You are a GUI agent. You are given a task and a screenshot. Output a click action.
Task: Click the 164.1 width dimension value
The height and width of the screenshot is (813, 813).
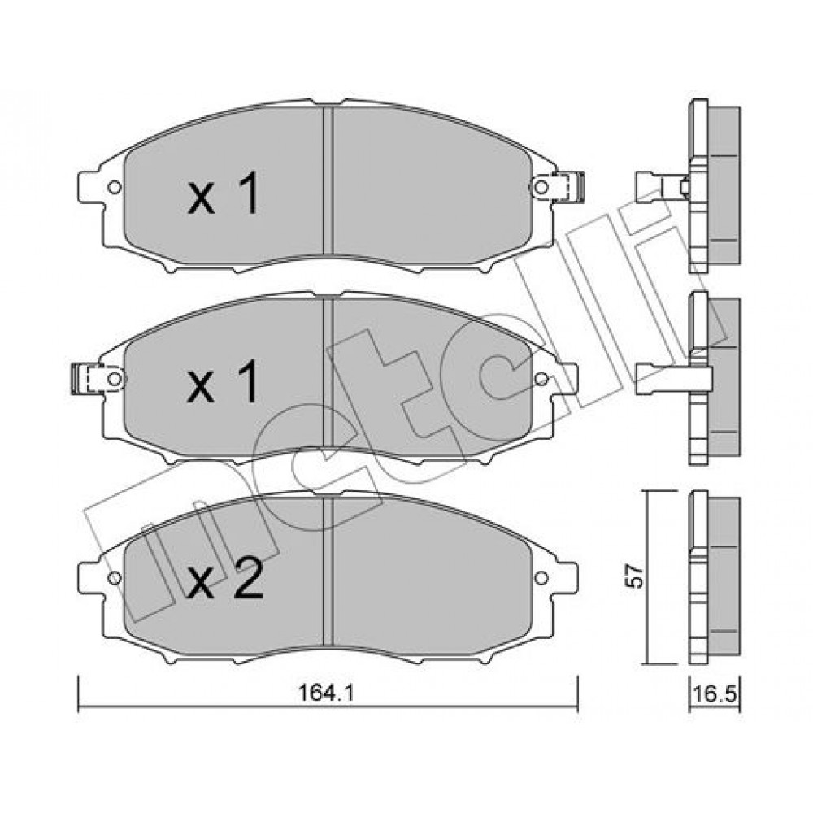click(327, 693)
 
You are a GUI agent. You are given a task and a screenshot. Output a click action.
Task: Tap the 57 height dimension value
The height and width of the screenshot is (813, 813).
click(634, 576)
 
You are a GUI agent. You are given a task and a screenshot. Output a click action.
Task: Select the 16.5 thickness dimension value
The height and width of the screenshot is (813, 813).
click(715, 693)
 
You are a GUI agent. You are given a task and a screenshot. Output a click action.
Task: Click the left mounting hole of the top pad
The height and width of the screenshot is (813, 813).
click(115, 187)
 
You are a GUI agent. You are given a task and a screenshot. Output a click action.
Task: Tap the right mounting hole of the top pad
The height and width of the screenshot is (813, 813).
click(541, 187)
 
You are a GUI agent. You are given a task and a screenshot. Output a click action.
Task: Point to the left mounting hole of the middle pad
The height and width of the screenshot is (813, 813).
click(115, 379)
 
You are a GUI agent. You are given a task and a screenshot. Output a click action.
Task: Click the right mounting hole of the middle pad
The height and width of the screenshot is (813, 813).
click(541, 379)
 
